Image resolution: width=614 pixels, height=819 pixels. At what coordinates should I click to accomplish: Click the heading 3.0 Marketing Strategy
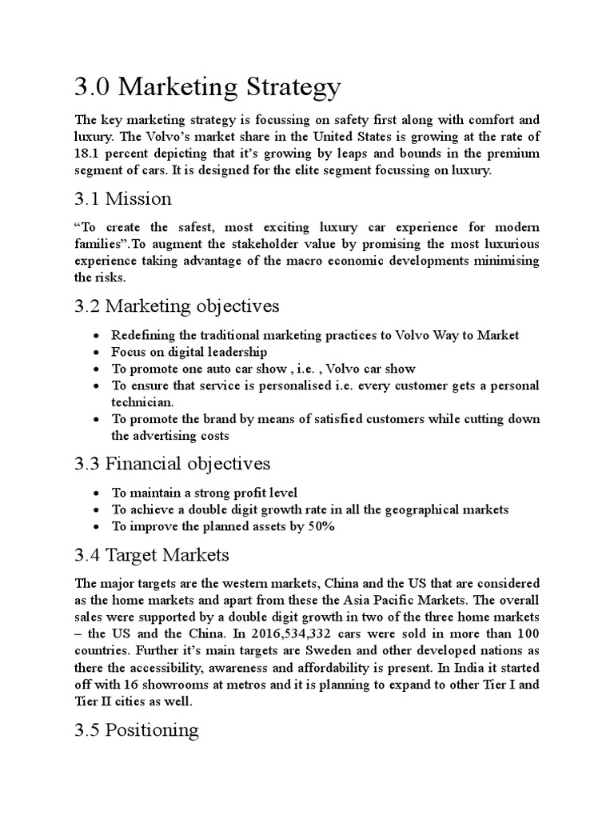coord(206,86)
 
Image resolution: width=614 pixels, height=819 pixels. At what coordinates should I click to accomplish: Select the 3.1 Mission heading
coord(122,198)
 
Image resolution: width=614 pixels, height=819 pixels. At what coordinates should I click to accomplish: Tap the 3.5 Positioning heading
coord(135,730)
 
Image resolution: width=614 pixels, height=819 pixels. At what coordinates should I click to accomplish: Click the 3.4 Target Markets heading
coord(151,554)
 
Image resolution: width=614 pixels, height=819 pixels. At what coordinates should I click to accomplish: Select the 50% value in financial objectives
coord(318,526)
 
